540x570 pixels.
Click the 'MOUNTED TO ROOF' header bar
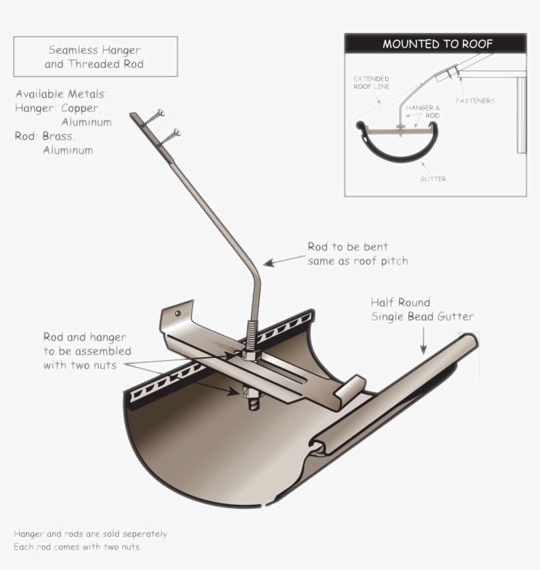pos(435,44)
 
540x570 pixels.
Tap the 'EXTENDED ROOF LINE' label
pos(371,82)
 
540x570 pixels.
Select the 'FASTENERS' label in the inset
pos(475,101)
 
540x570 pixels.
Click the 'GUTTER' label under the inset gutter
pos(433,179)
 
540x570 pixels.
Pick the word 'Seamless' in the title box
pos(73,50)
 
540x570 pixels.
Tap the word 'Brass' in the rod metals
pos(58,136)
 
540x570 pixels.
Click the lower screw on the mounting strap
pos(173,136)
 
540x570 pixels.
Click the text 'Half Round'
pos(400,302)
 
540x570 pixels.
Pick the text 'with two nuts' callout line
pos(80,364)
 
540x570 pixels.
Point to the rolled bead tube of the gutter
pos(395,395)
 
